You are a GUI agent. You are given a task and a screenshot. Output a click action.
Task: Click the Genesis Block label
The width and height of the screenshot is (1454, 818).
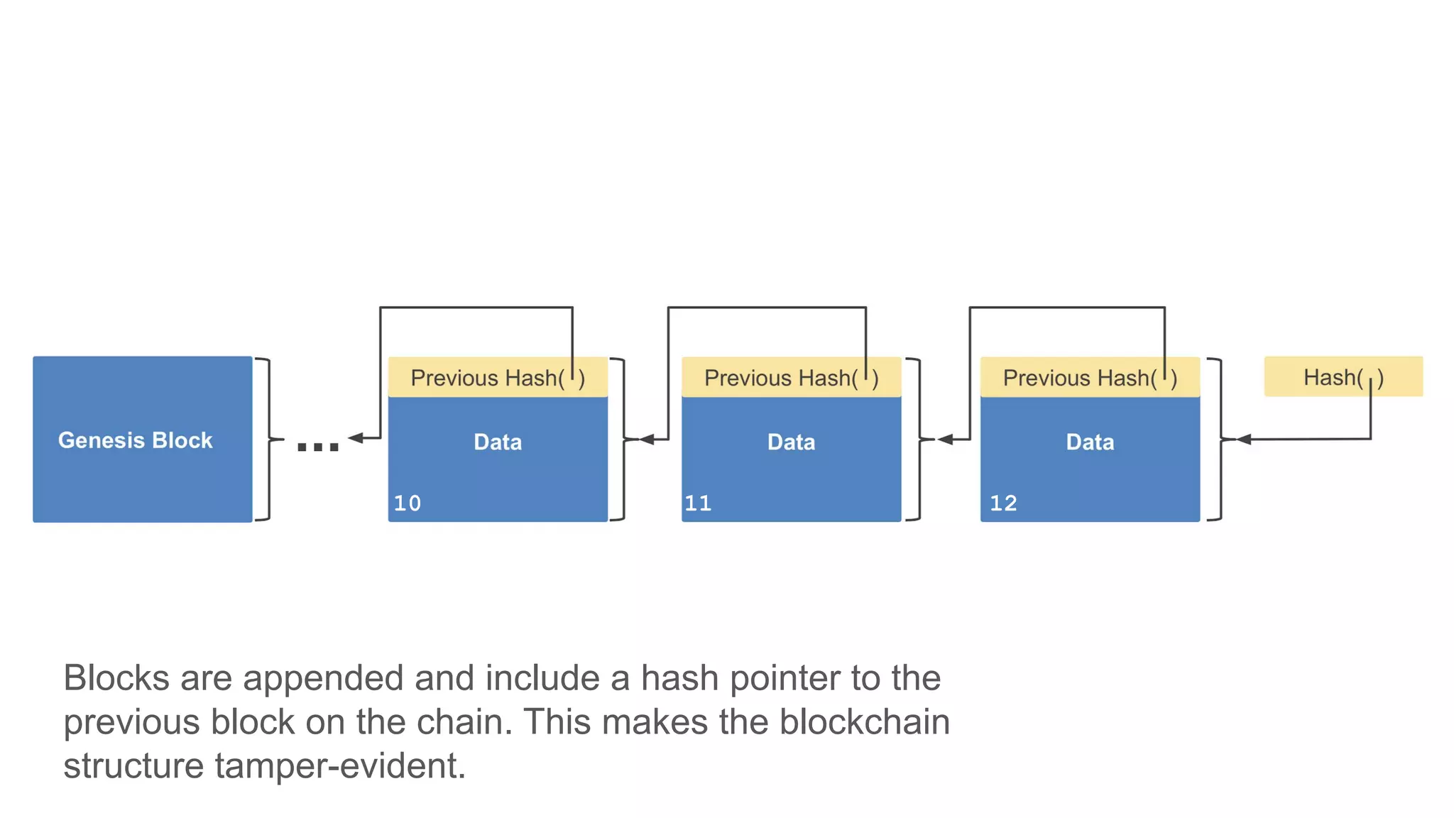(x=135, y=440)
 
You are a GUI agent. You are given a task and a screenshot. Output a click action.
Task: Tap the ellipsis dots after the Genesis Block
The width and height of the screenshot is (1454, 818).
(x=317, y=447)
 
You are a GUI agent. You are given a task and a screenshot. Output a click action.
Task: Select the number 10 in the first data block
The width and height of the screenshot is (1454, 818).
(x=408, y=503)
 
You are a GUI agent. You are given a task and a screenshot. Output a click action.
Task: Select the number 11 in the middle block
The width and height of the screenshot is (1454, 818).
(x=698, y=503)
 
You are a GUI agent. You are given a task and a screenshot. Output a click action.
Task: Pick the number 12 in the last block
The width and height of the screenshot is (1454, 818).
(x=1003, y=503)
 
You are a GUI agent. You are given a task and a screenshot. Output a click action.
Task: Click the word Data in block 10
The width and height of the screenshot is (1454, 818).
(x=498, y=442)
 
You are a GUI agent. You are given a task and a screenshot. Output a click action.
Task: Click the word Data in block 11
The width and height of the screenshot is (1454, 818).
(x=791, y=442)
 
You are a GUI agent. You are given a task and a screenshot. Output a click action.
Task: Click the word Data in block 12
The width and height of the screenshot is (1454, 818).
(x=1090, y=442)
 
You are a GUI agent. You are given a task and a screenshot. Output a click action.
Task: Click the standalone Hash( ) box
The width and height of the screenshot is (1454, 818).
(x=1343, y=377)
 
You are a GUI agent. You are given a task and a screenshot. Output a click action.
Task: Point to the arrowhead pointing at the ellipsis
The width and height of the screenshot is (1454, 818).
(x=356, y=438)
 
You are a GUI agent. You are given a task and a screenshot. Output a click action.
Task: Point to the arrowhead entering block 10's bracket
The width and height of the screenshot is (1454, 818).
(x=646, y=440)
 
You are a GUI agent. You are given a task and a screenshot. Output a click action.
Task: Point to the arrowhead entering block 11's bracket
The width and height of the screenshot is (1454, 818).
(x=945, y=440)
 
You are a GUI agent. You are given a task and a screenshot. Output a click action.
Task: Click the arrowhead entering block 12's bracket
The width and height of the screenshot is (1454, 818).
(x=1243, y=440)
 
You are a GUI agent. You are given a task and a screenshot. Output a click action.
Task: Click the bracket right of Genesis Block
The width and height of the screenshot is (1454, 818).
(x=266, y=440)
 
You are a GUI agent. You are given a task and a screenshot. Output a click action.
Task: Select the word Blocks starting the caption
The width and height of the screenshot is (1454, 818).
(x=116, y=678)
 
